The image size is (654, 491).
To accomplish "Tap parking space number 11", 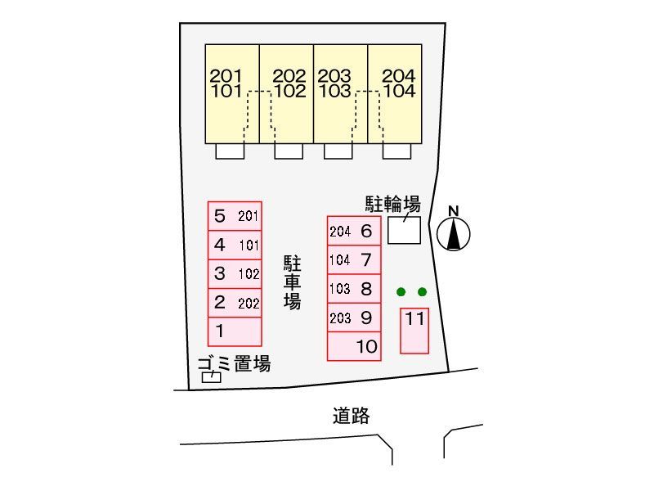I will tap(414, 330).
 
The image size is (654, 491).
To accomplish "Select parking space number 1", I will tap(235, 331).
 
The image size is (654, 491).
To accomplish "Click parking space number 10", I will tap(354, 346).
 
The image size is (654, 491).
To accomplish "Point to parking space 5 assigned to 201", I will tap(235, 217).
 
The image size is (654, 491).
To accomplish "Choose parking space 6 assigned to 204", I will tap(354, 231).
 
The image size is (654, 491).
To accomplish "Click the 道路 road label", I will tap(351, 416).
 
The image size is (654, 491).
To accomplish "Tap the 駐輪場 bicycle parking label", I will tap(392, 203).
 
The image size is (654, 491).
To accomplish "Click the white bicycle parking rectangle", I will tap(404, 230).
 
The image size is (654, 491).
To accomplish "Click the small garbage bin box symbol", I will tap(212, 377).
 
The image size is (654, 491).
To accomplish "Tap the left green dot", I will tap(401, 292).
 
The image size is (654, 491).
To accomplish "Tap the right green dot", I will tap(422, 292).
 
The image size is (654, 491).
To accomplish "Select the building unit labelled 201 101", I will tap(231, 92).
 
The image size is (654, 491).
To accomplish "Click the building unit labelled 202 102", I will tap(286, 92).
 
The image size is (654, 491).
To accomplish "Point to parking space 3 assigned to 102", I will tap(235, 274).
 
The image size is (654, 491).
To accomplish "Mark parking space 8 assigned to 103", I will tap(354, 288).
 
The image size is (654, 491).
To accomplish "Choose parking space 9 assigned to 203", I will tap(354, 318).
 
